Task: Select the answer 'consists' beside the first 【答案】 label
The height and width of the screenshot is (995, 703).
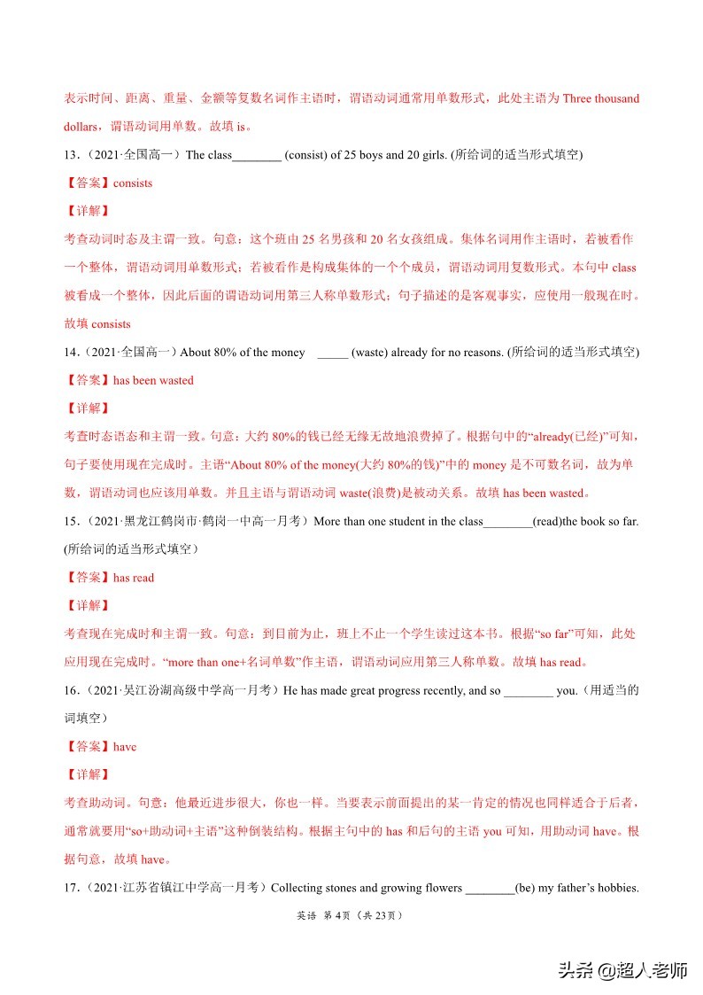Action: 133,183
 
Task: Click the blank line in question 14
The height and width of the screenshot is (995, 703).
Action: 332,354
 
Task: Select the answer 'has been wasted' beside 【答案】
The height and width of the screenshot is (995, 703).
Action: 153,381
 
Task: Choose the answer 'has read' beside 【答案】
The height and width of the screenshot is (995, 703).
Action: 134,578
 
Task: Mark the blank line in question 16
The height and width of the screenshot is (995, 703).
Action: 528,693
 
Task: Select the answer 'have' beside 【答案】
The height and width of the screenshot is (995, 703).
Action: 125,747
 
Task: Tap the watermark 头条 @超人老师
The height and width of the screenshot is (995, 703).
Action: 622,970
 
